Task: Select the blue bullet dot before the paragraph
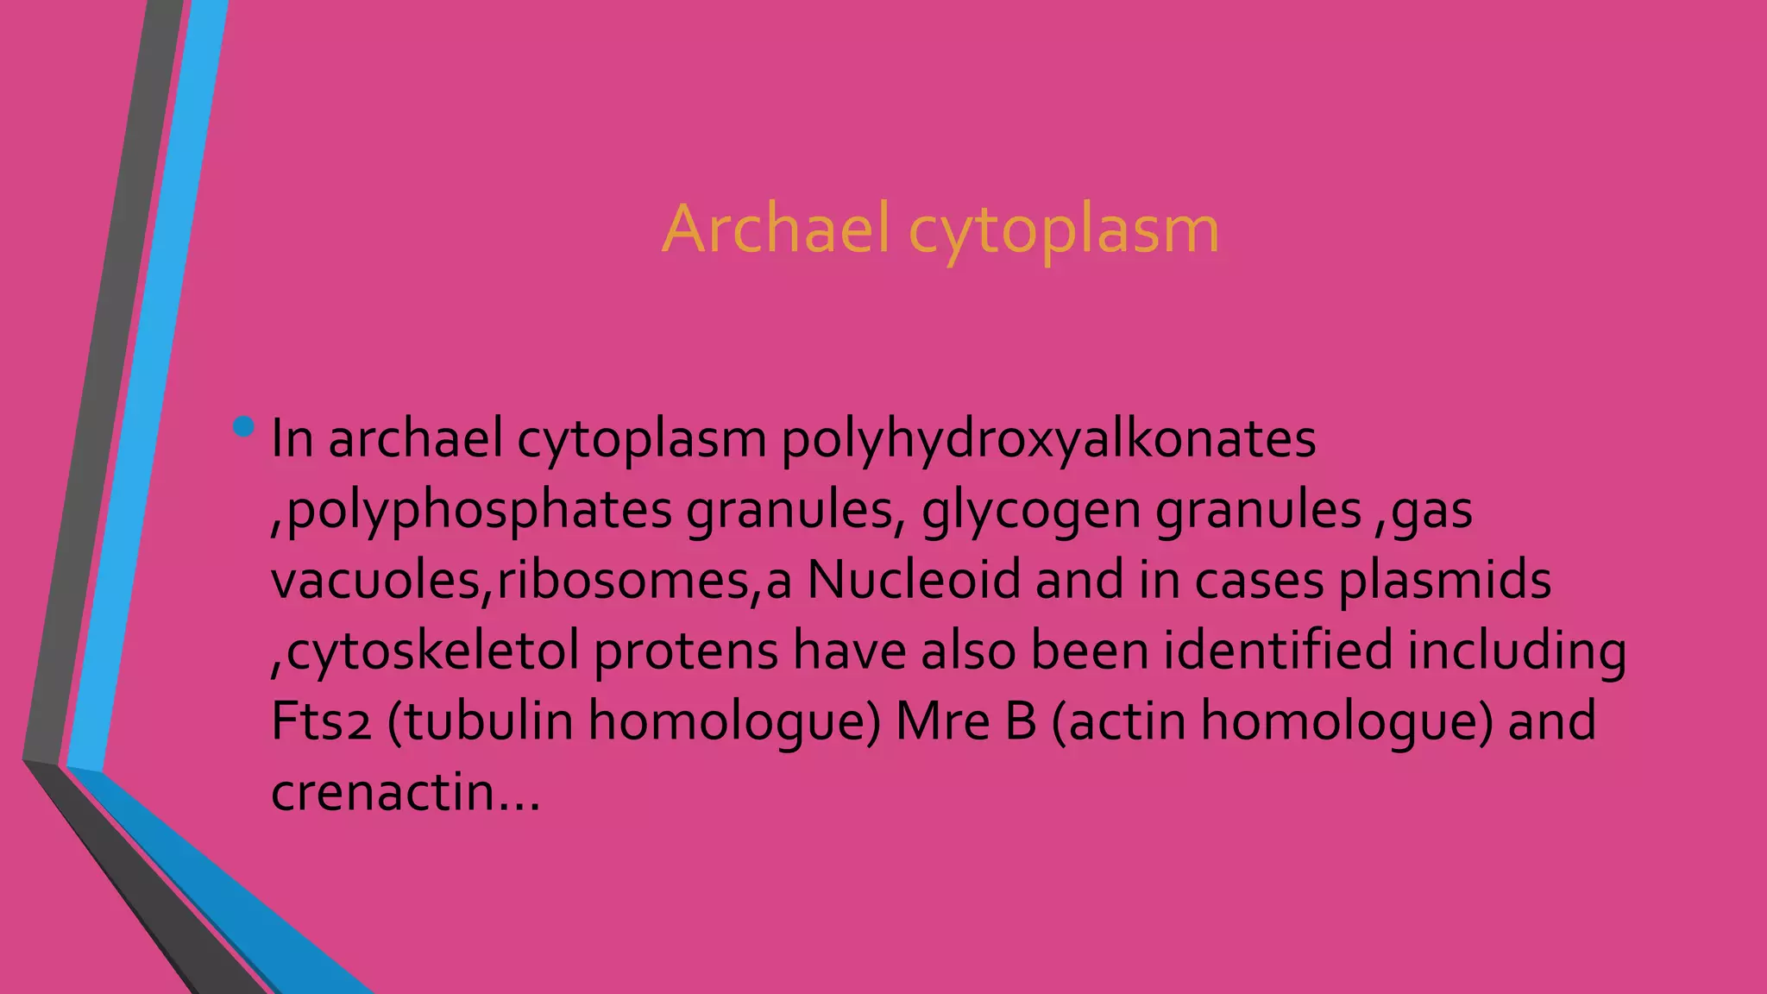244,426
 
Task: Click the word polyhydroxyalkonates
1048,439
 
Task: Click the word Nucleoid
914,580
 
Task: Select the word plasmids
1444,580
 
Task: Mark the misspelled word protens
686,651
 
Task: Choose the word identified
1278,651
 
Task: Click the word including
1517,651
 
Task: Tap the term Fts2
321,721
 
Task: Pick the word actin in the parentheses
1126,721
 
